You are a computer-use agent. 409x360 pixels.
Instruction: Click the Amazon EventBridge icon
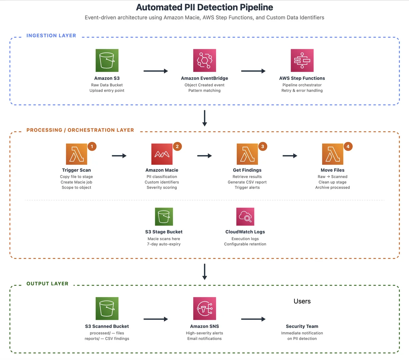(204, 60)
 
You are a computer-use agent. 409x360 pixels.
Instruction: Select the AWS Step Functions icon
(302, 60)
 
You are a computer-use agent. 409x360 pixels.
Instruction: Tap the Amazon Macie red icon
(162, 154)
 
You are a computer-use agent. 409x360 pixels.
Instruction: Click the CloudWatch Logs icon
(245, 216)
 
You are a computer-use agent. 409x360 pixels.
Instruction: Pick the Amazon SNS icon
(204, 308)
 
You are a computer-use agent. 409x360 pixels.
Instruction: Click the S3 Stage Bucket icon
(164, 216)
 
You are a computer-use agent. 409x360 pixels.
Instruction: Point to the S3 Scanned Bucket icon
(107, 308)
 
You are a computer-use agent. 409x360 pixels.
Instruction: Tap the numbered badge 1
(92, 146)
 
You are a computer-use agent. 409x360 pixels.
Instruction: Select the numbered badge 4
(348, 146)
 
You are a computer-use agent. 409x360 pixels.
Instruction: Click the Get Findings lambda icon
(247, 154)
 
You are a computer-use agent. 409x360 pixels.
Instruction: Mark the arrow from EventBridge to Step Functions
(253, 71)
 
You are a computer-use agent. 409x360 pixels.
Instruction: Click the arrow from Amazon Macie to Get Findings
(204, 156)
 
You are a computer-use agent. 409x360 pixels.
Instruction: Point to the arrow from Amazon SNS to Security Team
(253, 319)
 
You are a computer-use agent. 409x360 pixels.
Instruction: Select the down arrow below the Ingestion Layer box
(204, 118)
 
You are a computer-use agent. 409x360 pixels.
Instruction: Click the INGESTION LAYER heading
(51, 35)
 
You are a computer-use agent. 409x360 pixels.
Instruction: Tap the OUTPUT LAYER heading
(47, 284)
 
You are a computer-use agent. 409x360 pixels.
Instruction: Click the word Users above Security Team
(302, 301)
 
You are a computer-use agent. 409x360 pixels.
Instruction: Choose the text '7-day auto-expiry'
(164, 244)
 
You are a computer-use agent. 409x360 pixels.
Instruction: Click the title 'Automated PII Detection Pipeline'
(204, 7)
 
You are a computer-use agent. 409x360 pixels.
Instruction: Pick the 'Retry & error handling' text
(302, 90)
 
